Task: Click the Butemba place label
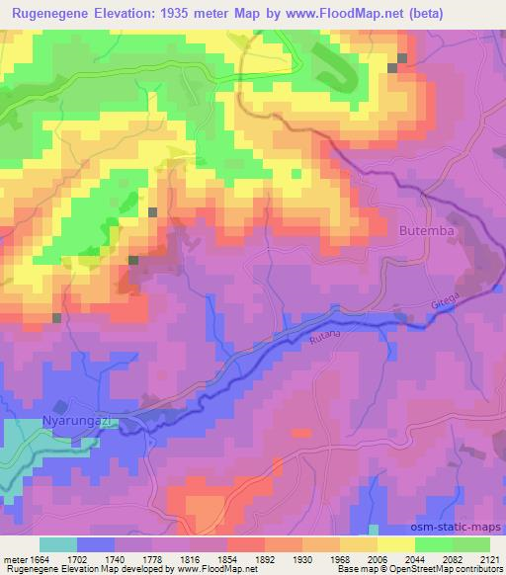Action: click(426, 229)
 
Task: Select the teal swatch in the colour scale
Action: click(58, 544)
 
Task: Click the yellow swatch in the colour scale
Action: click(396, 544)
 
